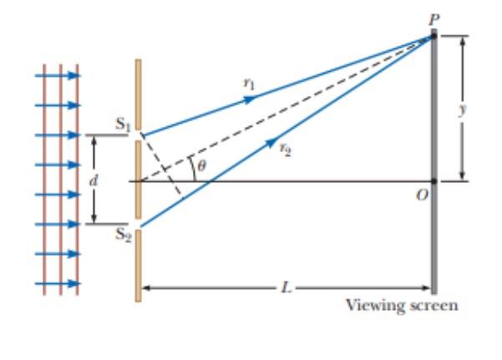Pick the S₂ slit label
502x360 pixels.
pos(123,236)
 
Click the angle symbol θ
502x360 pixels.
pos(200,167)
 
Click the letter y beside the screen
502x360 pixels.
pos(475,109)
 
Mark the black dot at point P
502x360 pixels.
pos(434,36)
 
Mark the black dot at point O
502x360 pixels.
pos(434,181)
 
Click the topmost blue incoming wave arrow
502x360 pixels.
pos(58,76)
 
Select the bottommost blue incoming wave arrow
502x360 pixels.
pos(58,284)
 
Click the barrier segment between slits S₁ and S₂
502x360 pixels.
pos(138,180)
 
